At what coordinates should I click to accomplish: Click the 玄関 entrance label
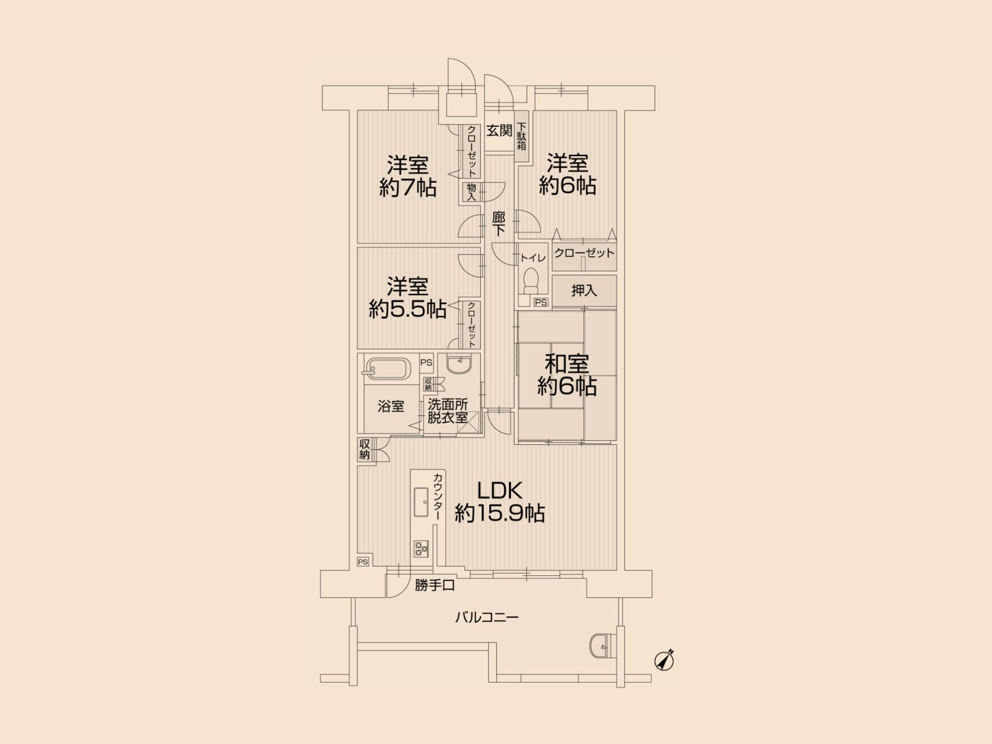pos(499,131)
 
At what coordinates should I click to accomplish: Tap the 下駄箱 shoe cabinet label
pos(522,136)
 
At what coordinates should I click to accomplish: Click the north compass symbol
pos(664,661)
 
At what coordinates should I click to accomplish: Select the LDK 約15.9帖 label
pos(500,502)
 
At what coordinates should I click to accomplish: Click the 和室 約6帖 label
pos(567,375)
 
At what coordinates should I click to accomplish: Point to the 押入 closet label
pos(584,291)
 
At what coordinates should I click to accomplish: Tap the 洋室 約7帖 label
pos(408,176)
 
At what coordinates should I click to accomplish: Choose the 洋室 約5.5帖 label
pos(408,298)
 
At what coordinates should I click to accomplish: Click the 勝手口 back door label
pos(435,585)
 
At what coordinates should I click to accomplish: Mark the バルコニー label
pos(487,617)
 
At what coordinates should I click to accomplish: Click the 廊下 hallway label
pos(498,224)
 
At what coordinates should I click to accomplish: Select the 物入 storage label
pos(472,192)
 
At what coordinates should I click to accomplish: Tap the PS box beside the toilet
pos(541,303)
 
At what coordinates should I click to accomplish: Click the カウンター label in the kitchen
pos(437,496)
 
